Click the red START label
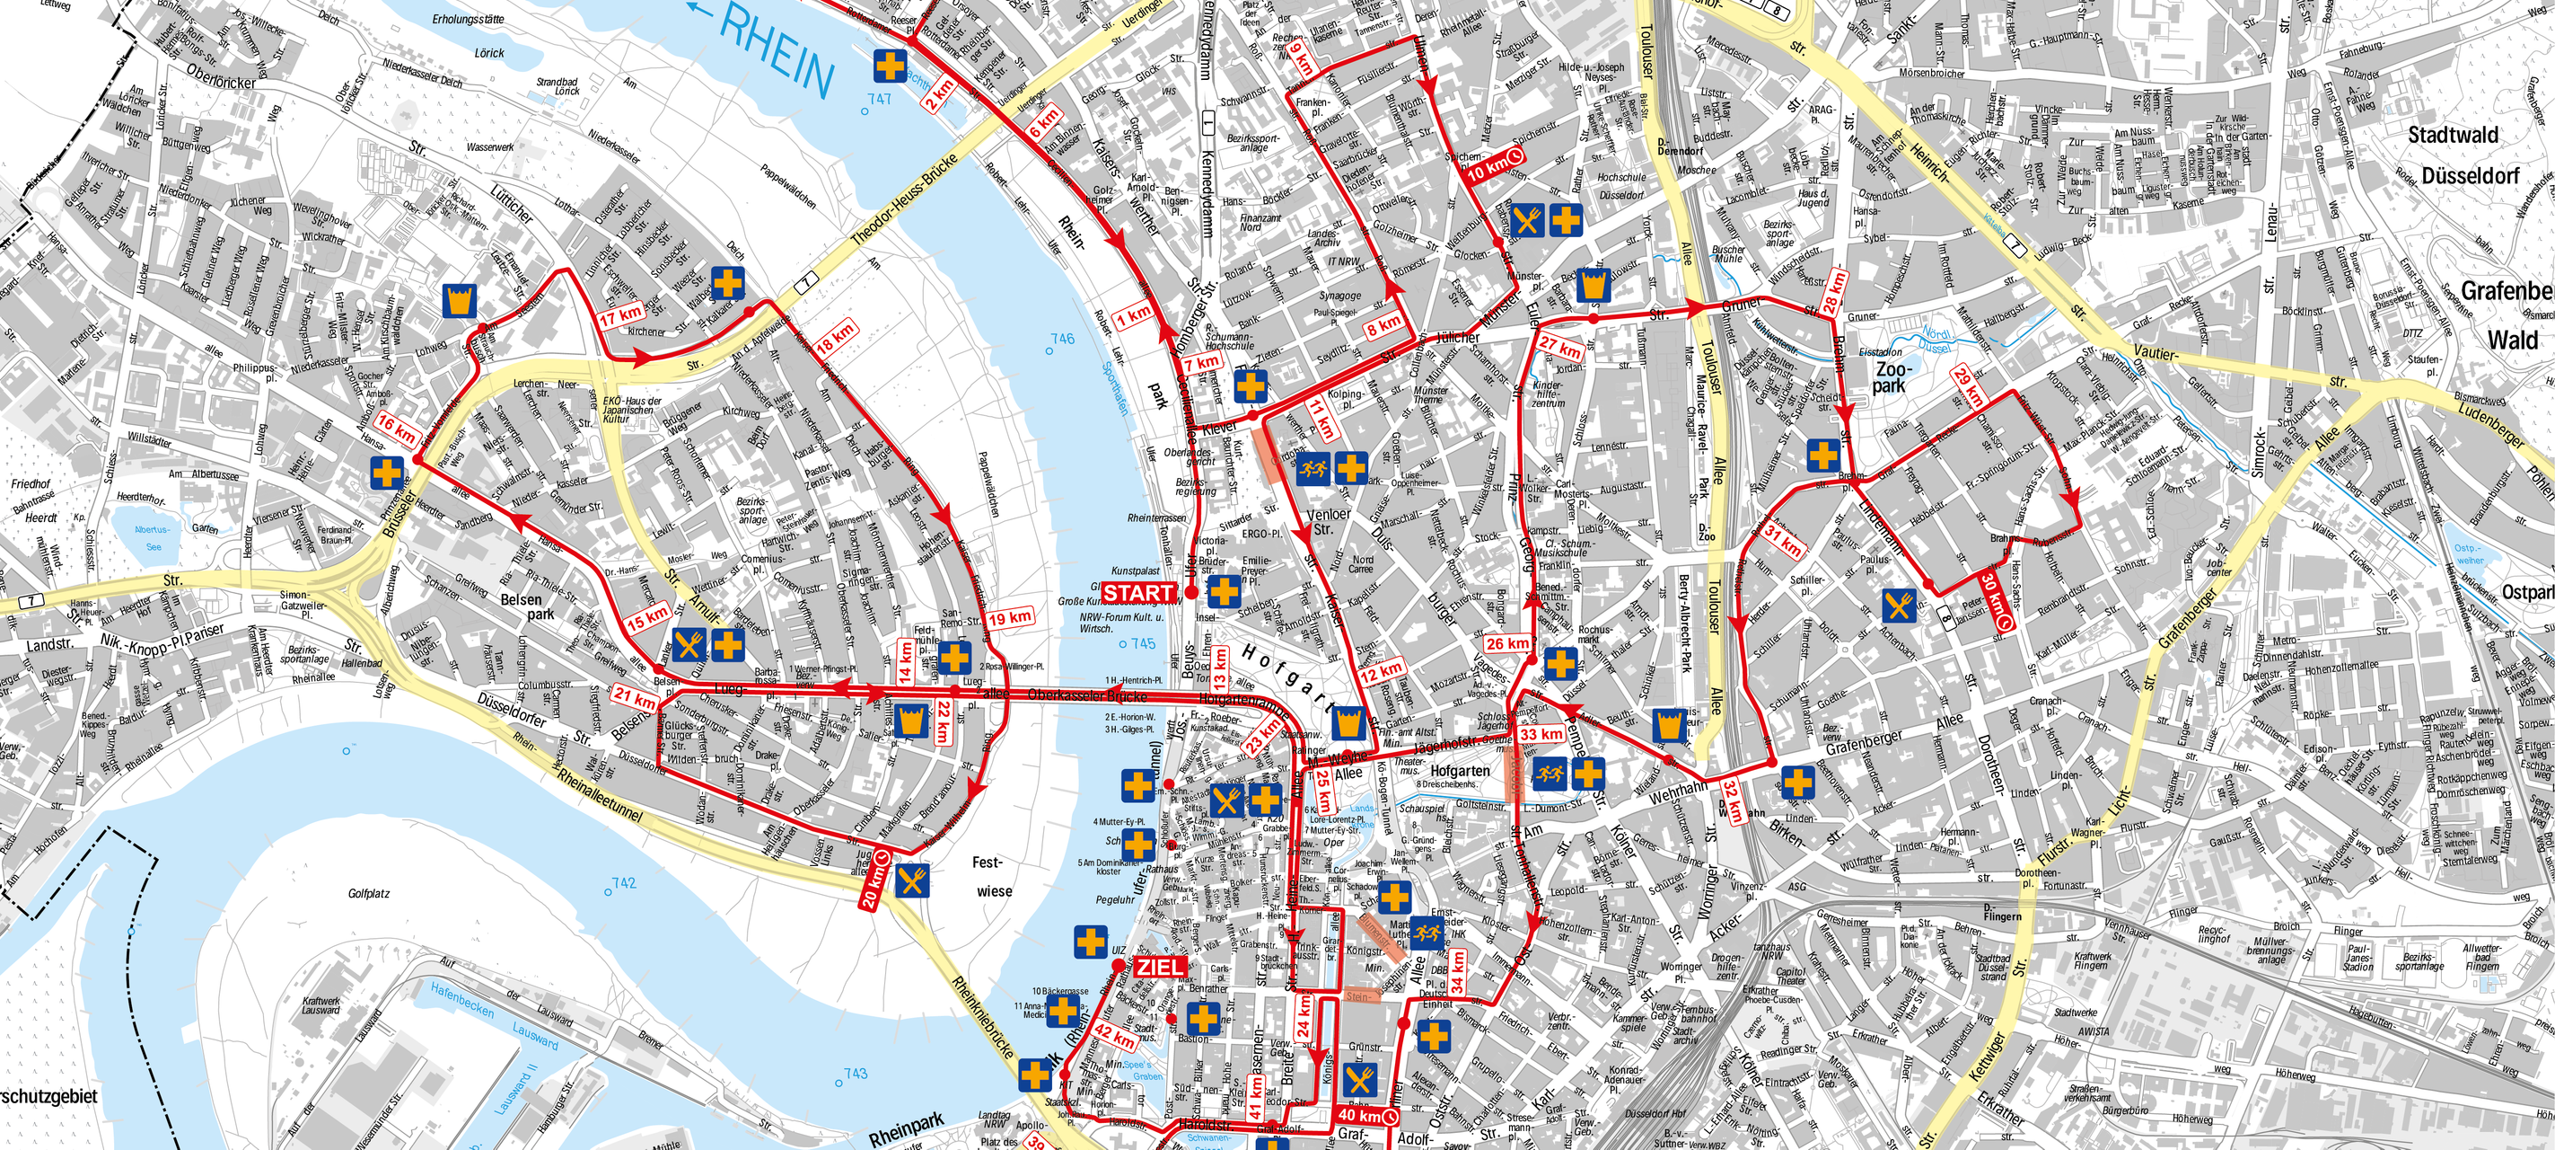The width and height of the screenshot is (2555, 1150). point(1138,592)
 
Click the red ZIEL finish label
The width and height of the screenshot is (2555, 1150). point(1158,968)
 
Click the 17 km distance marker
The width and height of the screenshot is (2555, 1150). point(622,315)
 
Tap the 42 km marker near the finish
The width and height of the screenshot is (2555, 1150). point(1114,1037)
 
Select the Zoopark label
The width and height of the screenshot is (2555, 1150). point(1890,376)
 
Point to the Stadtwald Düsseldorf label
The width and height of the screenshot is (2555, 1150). point(2469,155)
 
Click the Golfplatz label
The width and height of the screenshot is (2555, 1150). point(369,894)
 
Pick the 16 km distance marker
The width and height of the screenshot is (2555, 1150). point(397,429)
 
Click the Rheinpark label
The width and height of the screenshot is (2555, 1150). point(907,1129)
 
